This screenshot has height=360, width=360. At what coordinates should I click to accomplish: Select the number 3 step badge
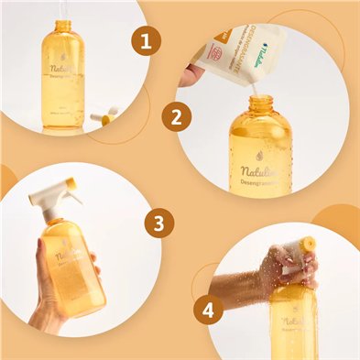[158, 222]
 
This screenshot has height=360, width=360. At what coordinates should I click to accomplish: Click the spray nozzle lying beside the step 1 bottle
[104, 116]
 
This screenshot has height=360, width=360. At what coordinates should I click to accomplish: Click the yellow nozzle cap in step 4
[309, 245]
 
